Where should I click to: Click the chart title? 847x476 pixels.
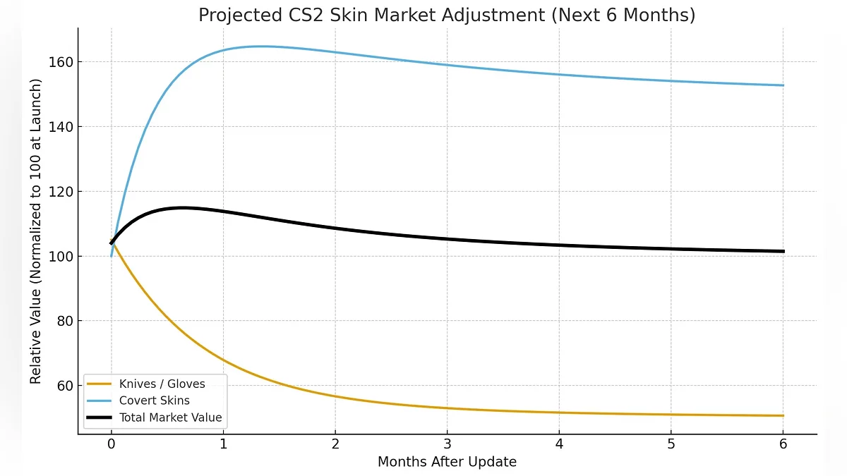tap(446, 16)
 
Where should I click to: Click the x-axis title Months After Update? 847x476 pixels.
tap(447, 462)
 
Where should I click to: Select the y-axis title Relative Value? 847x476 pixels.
tap(36, 231)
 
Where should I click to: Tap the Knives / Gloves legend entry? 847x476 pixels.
tap(162, 384)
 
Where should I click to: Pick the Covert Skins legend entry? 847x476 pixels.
tap(154, 401)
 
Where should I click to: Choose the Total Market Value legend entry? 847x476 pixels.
tap(170, 417)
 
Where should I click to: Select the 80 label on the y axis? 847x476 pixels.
tap(63, 321)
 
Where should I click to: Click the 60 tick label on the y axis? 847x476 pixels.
tap(63, 386)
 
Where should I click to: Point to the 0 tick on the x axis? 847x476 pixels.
tap(111, 444)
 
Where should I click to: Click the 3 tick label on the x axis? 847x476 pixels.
tap(447, 444)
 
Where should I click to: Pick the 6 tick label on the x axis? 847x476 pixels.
tap(783, 444)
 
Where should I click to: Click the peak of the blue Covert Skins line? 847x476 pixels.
tap(261, 47)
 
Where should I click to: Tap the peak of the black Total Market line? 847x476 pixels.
tap(182, 207)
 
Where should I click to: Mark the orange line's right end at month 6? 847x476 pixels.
tap(783, 415)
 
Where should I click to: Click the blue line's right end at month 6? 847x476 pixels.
tap(783, 85)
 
